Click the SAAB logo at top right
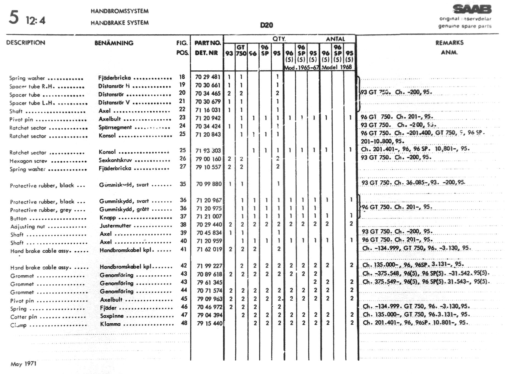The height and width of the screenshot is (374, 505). [x=472, y=9]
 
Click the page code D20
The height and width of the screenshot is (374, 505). [x=266, y=25]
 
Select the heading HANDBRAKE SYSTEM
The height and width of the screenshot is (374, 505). [x=120, y=23]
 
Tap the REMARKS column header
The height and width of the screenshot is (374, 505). [x=449, y=43]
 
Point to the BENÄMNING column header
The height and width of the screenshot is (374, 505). [x=114, y=43]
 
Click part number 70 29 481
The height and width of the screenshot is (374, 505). [x=207, y=77]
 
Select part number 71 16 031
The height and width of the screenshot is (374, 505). [x=208, y=110]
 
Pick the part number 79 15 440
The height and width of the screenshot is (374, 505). [x=209, y=323]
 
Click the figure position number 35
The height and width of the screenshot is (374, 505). [x=183, y=184]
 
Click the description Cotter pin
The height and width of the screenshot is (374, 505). [x=24, y=317]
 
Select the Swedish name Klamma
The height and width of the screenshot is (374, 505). [x=110, y=324]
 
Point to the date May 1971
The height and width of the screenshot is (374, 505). [x=23, y=364]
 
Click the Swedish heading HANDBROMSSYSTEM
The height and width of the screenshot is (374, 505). [x=120, y=11]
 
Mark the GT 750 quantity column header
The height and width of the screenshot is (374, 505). [x=241, y=50]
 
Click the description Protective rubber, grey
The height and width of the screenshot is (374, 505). [x=41, y=210]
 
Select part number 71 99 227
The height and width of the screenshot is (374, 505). [x=209, y=266]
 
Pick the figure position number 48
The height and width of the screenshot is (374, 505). [x=184, y=323]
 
